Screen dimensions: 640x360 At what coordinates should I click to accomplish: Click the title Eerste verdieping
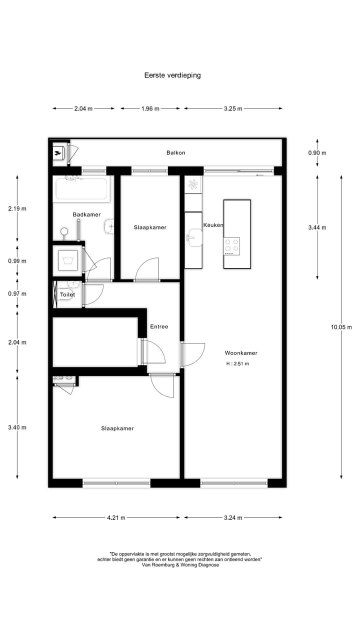[x=172, y=75]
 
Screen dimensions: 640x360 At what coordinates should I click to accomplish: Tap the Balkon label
[x=175, y=152]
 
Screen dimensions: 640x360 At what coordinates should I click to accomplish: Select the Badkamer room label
[x=86, y=214]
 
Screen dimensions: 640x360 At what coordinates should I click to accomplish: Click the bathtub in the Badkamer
[x=82, y=189]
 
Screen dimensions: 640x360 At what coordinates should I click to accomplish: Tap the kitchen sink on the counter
[x=193, y=237]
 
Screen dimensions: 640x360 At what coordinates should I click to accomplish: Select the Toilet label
[x=67, y=295]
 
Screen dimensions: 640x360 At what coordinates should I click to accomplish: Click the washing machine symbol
[x=67, y=259]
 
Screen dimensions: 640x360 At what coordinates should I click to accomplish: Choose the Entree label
[x=159, y=326]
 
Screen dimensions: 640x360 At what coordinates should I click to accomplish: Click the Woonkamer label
[x=241, y=353]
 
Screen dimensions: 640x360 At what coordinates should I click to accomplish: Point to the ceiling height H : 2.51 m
[x=237, y=363]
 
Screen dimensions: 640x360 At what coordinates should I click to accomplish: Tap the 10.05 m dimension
[x=341, y=327]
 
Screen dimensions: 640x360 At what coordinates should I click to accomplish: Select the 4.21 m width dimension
[x=116, y=517]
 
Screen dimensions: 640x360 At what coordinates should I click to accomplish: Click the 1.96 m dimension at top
[x=150, y=108]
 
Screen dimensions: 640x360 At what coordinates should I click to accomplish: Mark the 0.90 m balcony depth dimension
[x=317, y=153]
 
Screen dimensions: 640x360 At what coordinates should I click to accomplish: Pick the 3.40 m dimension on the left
[x=17, y=427]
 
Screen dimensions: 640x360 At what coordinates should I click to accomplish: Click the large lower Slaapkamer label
[x=117, y=428]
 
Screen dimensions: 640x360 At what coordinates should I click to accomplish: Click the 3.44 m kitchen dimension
[x=317, y=227]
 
